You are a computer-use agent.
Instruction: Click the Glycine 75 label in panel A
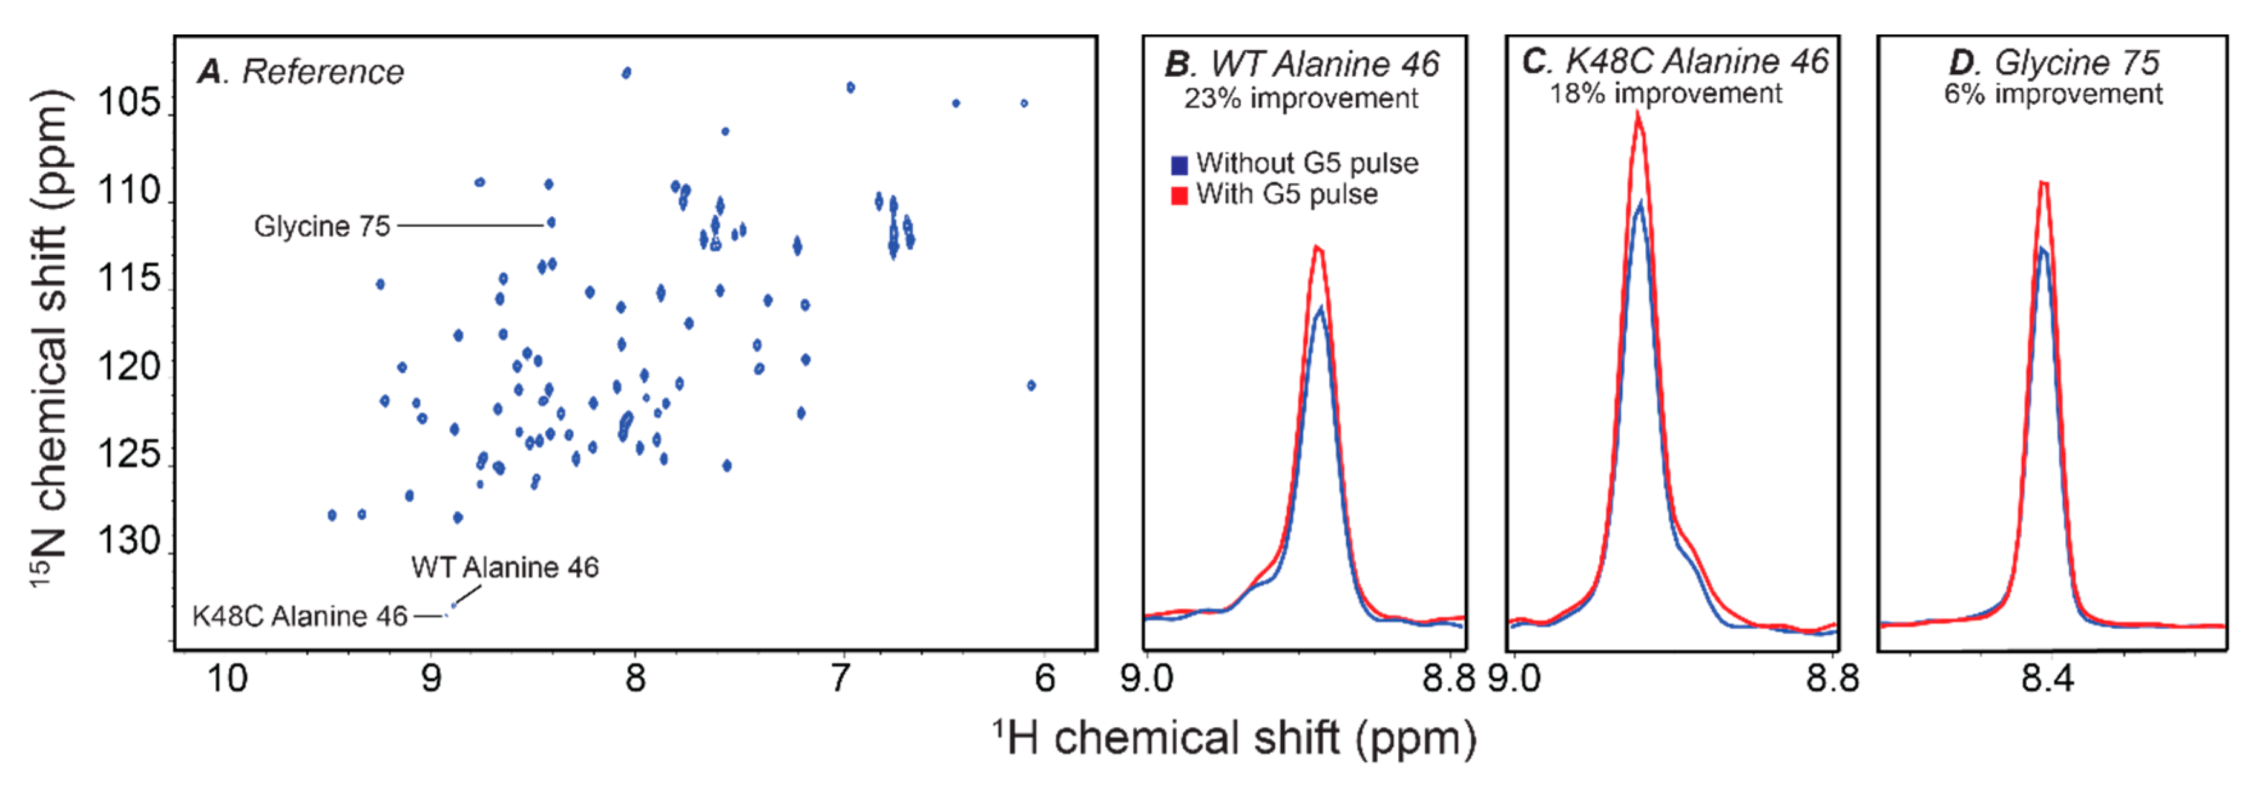tap(322, 227)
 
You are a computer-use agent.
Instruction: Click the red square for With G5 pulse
tap(1179, 195)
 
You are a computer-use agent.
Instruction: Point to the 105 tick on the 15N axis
tap(130, 103)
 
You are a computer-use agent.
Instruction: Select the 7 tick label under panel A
tap(841, 679)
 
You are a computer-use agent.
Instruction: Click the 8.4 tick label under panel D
tap(2047, 679)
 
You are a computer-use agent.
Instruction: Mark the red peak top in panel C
tap(1638, 114)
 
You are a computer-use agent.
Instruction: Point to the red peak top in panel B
tap(1317, 248)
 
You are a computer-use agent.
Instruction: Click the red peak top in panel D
tap(2044, 183)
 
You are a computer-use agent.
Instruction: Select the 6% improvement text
tap(2053, 94)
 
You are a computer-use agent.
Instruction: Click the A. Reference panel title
tap(301, 72)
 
